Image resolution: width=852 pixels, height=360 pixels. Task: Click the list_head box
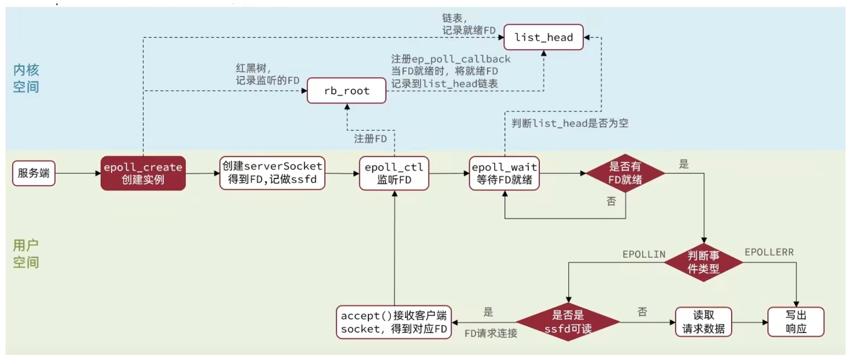[x=543, y=37]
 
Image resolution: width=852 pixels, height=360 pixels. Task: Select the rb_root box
[x=346, y=91]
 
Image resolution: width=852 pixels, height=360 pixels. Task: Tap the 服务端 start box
[x=34, y=173]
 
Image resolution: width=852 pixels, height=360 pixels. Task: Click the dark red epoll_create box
[x=143, y=173]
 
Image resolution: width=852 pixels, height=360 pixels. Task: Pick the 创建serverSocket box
[x=272, y=173]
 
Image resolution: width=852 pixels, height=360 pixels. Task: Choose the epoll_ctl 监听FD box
[x=394, y=173]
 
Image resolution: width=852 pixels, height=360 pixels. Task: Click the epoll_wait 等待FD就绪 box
[x=504, y=173]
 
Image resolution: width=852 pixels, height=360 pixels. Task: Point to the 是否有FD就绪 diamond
[x=625, y=173]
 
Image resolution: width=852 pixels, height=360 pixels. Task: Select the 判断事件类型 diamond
[x=703, y=262]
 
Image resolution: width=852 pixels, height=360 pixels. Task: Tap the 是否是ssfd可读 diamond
[x=568, y=322]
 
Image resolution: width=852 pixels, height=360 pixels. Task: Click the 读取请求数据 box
[x=703, y=322]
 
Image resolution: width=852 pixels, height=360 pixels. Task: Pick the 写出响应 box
[x=796, y=322]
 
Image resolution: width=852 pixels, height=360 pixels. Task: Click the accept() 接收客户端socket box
[x=394, y=322]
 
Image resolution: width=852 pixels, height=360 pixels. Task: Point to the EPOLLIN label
[x=644, y=255]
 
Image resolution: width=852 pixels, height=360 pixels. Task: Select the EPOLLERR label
[x=769, y=252]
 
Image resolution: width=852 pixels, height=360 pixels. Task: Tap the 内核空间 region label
[x=26, y=78]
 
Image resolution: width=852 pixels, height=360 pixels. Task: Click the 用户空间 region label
[x=26, y=254]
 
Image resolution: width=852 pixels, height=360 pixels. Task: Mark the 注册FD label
[x=370, y=139]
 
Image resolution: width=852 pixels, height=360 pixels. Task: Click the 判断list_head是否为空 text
[x=570, y=123]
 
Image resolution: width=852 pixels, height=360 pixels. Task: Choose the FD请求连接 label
[x=491, y=333]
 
